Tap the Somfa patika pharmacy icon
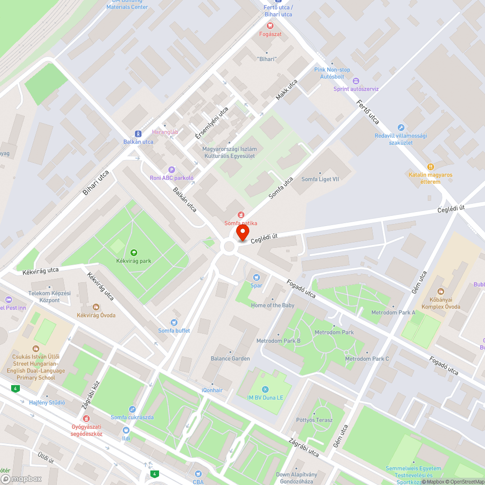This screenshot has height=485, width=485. [x=241, y=215]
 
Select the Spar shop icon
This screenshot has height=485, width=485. [x=256, y=277]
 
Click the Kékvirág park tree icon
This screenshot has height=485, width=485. [x=133, y=252]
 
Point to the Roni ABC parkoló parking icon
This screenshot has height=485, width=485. [x=171, y=169]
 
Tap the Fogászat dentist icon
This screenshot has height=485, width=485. [x=269, y=26]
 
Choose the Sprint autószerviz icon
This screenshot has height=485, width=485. [x=356, y=81]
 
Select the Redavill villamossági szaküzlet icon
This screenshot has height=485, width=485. [x=401, y=127]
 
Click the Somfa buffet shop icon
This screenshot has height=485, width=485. [x=174, y=323]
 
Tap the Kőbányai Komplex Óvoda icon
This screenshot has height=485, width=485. [x=440, y=292]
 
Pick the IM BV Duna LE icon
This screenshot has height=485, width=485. [x=264, y=389]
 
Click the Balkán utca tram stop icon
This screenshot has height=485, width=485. [x=138, y=133]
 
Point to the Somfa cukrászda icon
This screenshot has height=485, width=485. [x=132, y=409]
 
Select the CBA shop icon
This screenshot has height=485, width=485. [x=198, y=473]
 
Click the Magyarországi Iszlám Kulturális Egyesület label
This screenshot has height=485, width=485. [x=229, y=152]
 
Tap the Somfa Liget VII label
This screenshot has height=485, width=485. [x=320, y=179]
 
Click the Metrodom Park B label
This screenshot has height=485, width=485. [x=278, y=341]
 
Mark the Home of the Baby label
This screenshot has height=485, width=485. [x=273, y=305]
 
